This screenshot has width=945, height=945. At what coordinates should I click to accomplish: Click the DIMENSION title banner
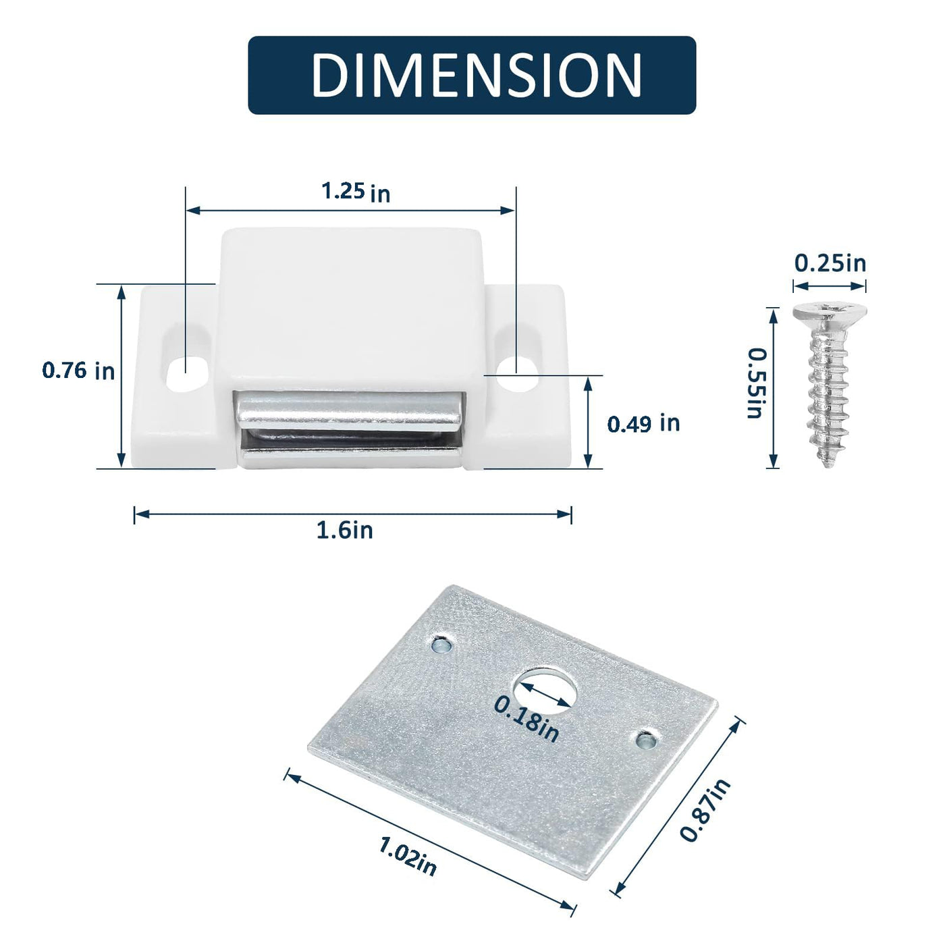tap(472, 75)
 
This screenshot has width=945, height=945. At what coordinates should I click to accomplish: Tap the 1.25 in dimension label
tap(356, 192)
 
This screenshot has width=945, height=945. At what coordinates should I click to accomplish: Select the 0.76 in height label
tap(78, 371)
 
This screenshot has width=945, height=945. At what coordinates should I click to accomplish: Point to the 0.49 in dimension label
tap(643, 424)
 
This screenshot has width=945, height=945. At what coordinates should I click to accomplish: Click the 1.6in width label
tap(344, 531)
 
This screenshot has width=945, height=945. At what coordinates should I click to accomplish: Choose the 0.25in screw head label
tap(830, 263)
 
